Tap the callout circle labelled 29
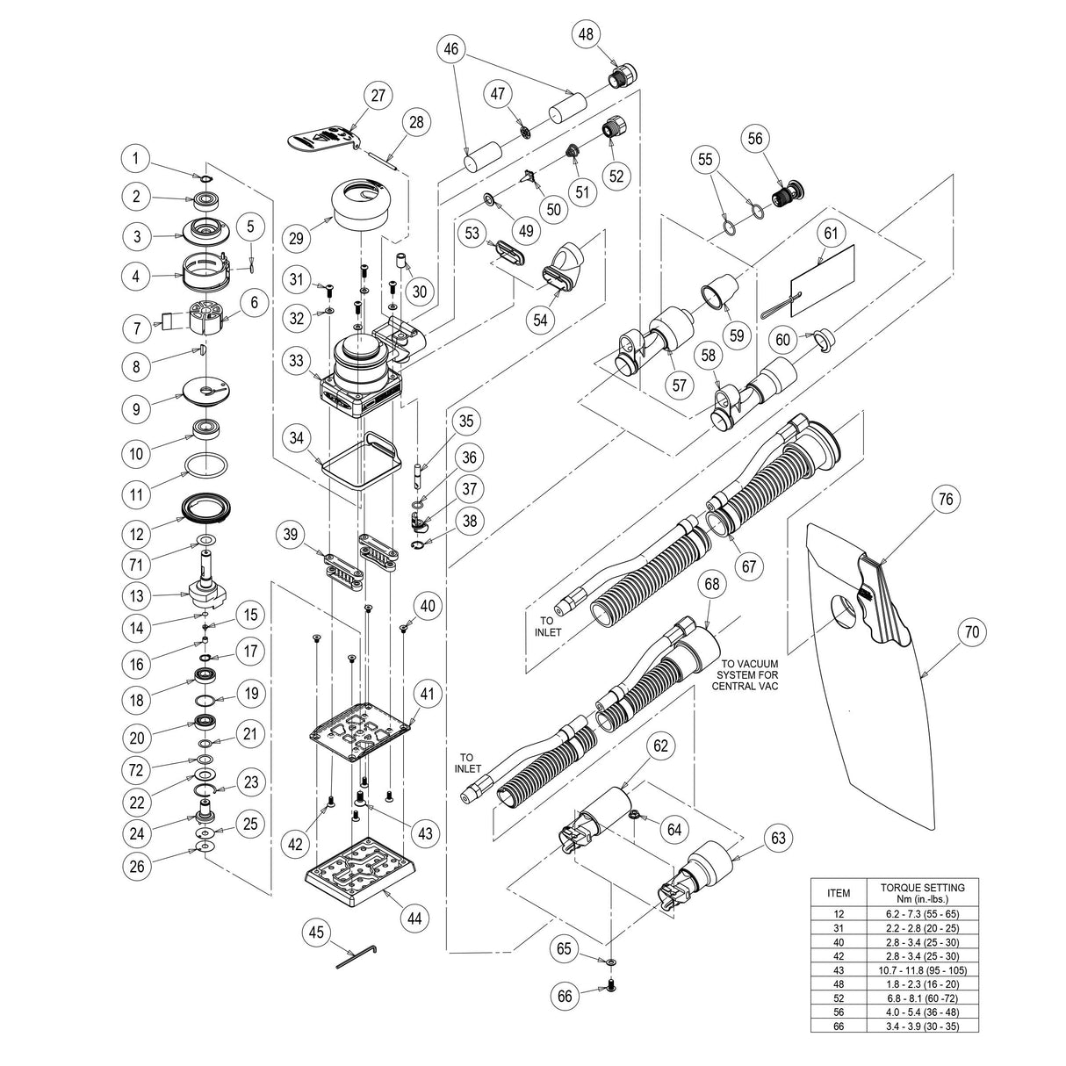tap(298, 237)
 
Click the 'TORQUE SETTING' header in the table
tap(922, 893)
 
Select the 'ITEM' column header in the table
tap(839, 893)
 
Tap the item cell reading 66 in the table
tap(839, 1025)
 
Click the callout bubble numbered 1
tap(135, 158)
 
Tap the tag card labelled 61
tap(822, 272)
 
